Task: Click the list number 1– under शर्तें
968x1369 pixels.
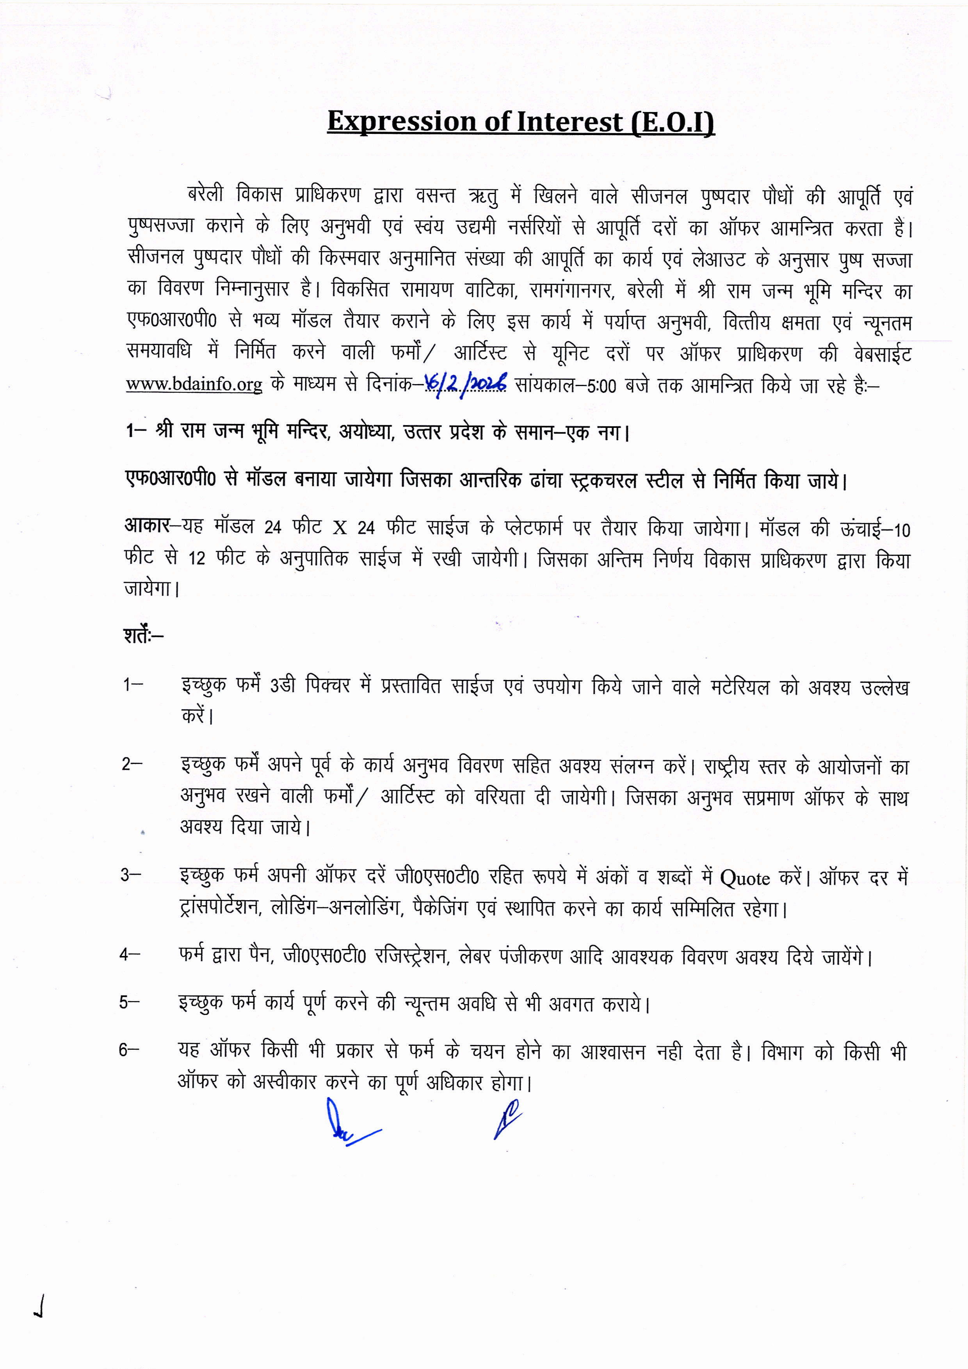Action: coord(132,685)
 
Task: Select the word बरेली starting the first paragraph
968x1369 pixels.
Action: coord(205,195)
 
